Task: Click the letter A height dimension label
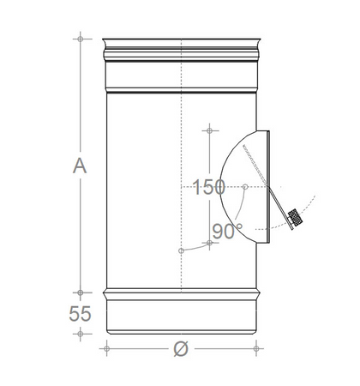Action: (x=80, y=166)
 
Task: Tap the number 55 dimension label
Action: (x=80, y=314)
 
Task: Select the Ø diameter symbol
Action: (x=180, y=349)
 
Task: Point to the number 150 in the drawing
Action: (x=211, y=186)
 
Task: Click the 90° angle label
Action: (x=228, y=229)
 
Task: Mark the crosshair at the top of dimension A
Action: (x=80, y=39)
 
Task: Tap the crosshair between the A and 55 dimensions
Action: (x=80, y=292)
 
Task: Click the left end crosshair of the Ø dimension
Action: (x=105, y=348)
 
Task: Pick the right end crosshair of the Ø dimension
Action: (x=257, y=348)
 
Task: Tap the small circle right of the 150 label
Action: (x=246, y=186)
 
